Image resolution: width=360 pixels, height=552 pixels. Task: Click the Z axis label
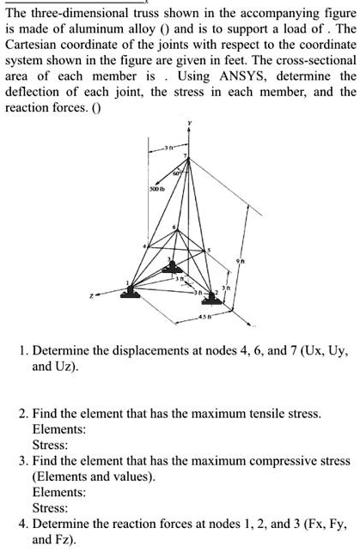(101, 295)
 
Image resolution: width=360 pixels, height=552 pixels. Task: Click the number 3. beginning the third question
(23, 461)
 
